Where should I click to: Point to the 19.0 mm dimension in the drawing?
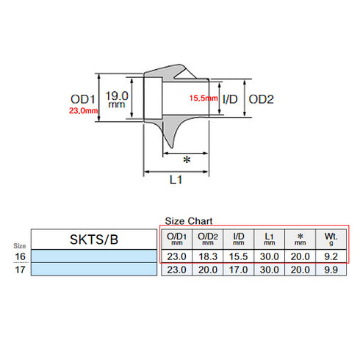click(117, 100)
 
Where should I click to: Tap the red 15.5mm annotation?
click(204, 98)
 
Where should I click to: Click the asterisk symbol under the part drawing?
click(187, 160)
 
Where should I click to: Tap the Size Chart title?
click(189, 220)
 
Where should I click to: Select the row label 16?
click(18, 256)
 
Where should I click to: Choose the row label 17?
click(18, 270)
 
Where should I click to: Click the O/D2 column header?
click(208, 237)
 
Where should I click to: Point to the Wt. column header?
click(329, 237)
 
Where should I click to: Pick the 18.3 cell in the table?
click(208, 256)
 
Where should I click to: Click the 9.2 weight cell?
click(329, 256)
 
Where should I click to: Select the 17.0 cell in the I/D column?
click(238, 270)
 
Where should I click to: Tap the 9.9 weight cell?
click(329, 270)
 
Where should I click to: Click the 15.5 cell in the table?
click(238, 256)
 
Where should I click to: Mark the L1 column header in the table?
click(269, 237)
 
